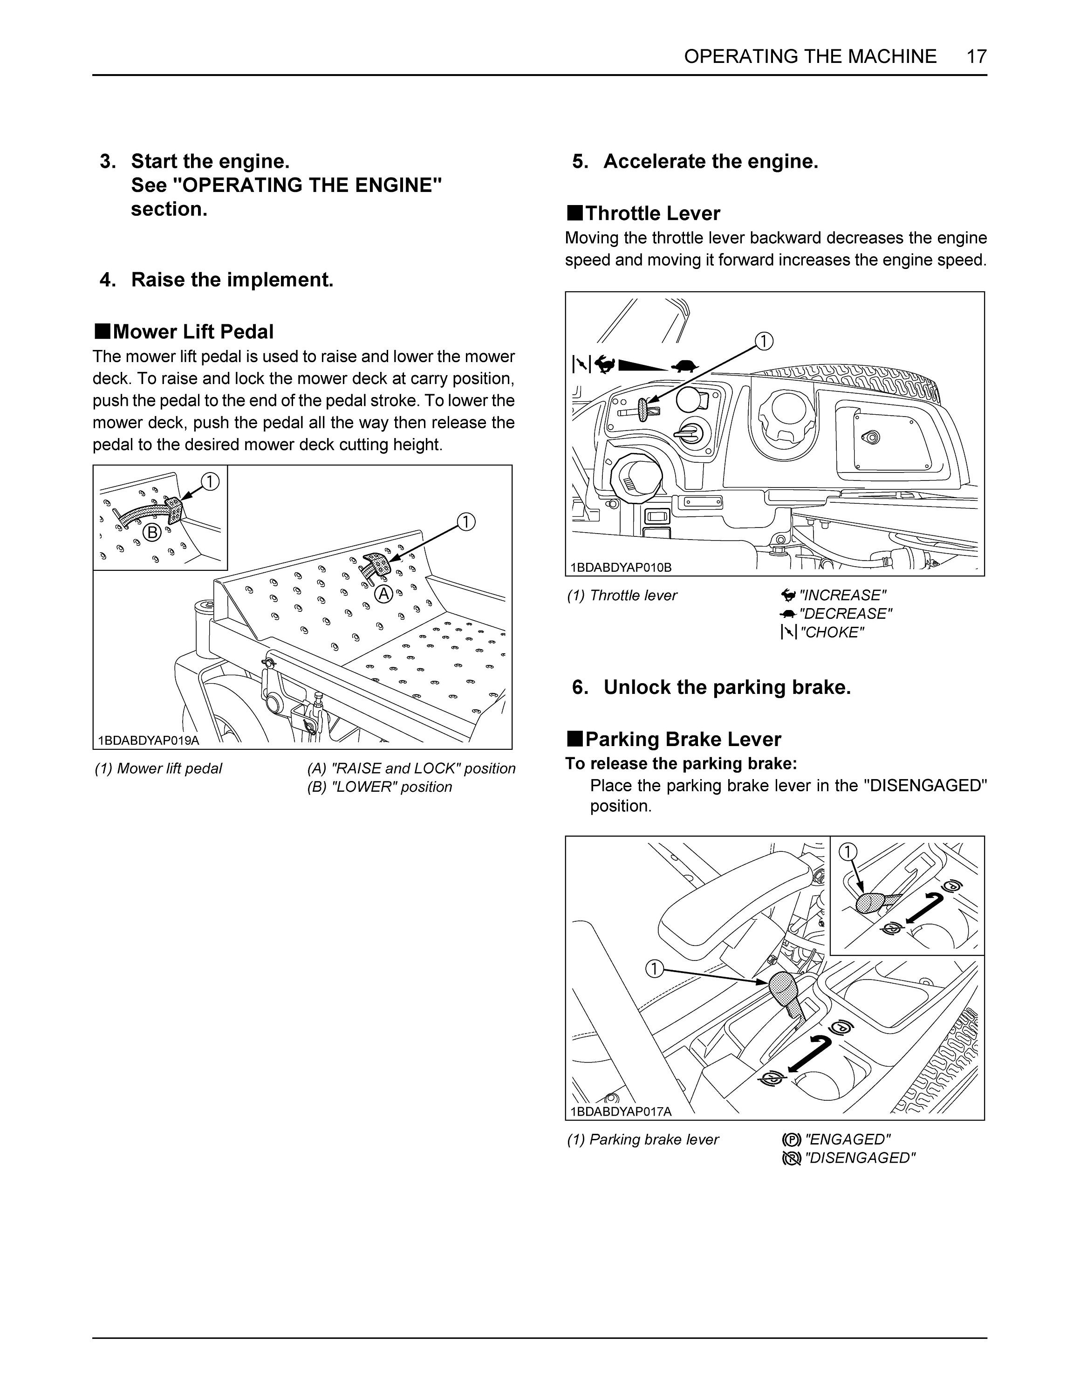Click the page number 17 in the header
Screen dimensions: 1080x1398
(977, 56)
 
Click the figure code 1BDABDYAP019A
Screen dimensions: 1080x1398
(149, 740)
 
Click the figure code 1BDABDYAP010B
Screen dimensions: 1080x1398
(621, 567)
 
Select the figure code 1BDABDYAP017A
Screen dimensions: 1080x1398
(621, 1112)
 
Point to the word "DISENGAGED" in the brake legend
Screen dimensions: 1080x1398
(860, 1158)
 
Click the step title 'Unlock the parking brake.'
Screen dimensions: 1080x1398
(727, 687)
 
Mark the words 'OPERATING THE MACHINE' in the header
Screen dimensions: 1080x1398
(810, 56)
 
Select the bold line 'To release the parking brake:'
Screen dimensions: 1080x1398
(681, 764)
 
